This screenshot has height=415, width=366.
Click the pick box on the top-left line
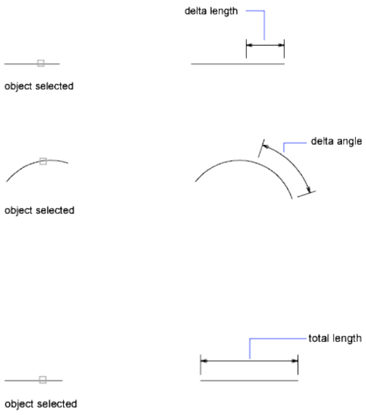coord(40,63)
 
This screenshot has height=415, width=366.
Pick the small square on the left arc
coord(43,162)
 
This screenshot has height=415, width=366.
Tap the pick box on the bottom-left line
coord(43,380)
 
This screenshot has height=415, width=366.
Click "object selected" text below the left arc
coord(39,211)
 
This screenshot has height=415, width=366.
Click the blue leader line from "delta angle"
coord(285,146)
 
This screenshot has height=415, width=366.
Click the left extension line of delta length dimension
coord(246,49)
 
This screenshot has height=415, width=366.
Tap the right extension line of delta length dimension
coord(284,49)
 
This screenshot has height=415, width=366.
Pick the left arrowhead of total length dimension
coord(204,361)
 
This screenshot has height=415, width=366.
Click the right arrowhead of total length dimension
coord(294,361)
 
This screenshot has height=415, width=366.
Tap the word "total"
coord(319,338)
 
